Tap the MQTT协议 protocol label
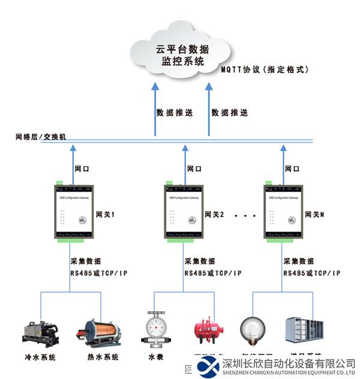(264, 70)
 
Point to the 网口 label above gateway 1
(82, 170)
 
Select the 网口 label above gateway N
(292, 170)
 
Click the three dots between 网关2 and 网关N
(245, 215)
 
